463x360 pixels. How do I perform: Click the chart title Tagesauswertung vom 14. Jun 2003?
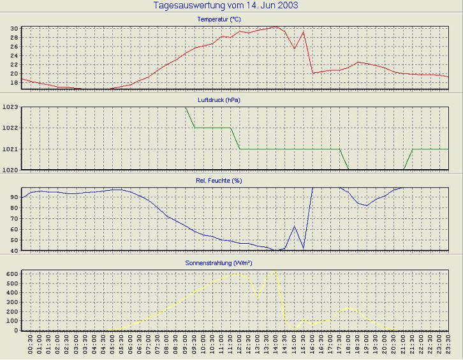pos(226,6)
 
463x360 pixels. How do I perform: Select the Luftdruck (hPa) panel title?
pos(219,100)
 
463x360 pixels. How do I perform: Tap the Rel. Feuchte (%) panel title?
pos(219,181)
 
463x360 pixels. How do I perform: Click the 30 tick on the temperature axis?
pos(15,29)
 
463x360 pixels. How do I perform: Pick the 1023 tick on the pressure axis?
pos(11,107)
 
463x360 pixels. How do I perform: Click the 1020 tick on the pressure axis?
pos(11,170)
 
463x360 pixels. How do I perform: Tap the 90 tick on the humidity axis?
pos(15,197)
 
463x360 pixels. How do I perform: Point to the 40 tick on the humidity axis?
pos(15,250)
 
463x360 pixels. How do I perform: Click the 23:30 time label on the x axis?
pos(448,347)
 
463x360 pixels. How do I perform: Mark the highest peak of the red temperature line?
pos(275,27)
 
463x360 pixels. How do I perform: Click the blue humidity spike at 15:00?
pos(294,226)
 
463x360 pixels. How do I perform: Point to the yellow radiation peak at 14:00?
pos(275,272)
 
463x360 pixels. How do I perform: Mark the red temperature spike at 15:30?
pos(304,32)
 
